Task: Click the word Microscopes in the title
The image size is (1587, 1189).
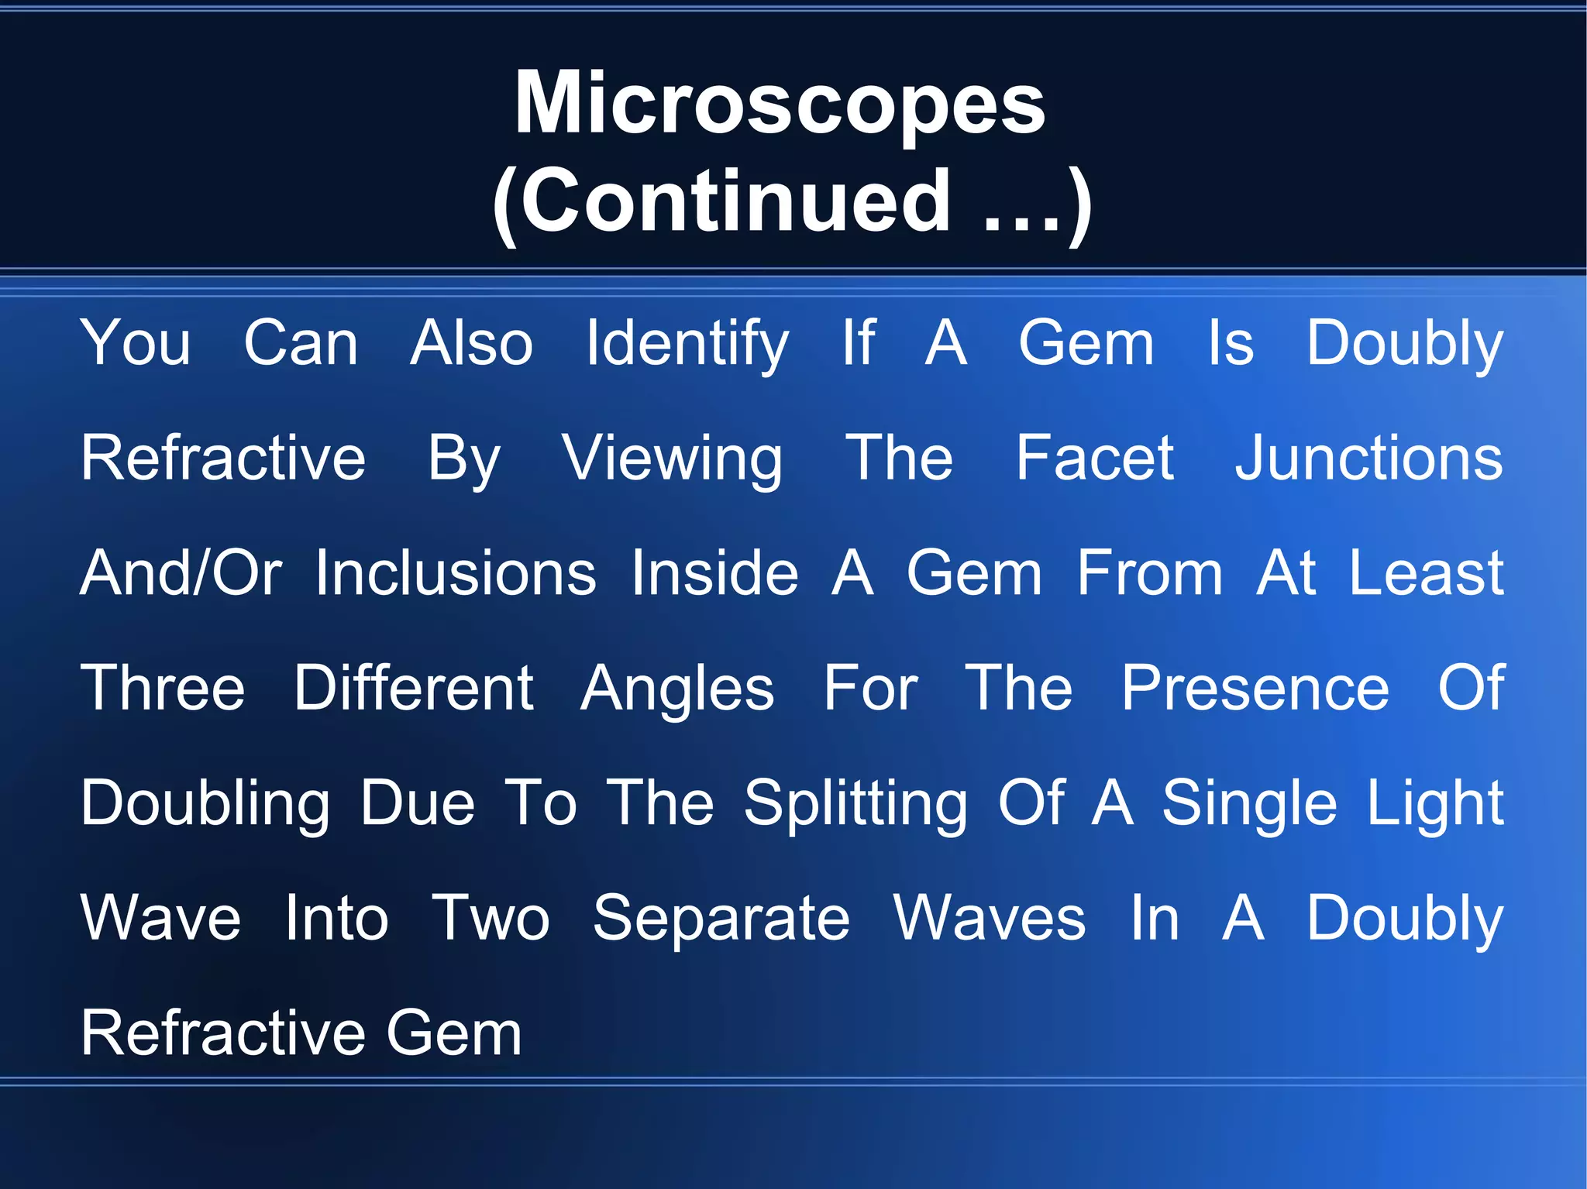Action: [x=780, y=104]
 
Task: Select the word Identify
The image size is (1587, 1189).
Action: [x=687, y=343]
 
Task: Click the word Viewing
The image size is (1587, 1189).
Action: [x=672, y=459]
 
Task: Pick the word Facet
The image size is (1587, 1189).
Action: [x=1094, y=459]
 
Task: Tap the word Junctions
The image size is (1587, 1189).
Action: [x=1368, y=459]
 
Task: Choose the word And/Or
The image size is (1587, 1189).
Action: [x=181, y=573]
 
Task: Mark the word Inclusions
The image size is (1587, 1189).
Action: [x=456, y=573]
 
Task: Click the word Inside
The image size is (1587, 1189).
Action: [x=714, y=573]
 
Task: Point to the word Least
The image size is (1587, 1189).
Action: [x=1427, y=573]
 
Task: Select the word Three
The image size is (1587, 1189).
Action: [x=163, y=688]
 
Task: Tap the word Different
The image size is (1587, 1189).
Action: [x=413, y=688]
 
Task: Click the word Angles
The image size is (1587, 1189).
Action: [x=677, y=689]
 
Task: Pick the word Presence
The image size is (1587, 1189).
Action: [x=1255, y=688]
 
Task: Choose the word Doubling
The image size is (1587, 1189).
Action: [x=205, y=804]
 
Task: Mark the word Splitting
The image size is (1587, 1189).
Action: [x=855, y=804]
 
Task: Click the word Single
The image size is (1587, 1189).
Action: [x=1249, y=804]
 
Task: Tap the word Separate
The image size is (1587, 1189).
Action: [x=721, y=919]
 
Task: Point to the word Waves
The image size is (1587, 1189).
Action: [x=990, y=919]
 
